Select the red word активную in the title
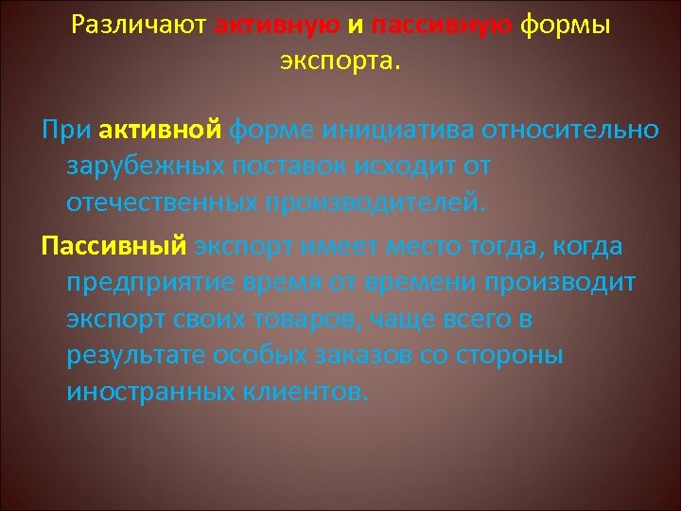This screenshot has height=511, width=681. point(274,26)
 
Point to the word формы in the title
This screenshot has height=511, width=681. point(563,26)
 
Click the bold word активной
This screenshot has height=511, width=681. point(160,129)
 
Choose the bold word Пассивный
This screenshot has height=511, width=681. point(113,246)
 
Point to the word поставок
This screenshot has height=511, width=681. point(296,166)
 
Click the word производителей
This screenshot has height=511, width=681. point(386,203)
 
